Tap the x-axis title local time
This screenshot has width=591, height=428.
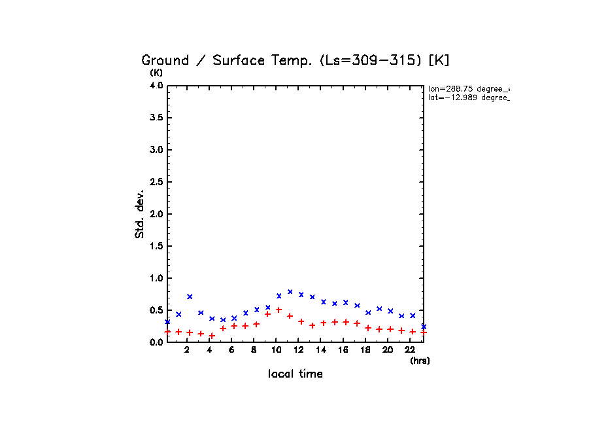click(295, 374)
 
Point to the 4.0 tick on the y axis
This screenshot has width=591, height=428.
click(156, 86)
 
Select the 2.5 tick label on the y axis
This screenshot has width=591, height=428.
click(156, 182)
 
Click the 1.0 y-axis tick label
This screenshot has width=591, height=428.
click(156, 278)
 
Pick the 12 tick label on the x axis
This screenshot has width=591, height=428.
click(299, 351)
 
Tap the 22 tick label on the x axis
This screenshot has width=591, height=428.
click(411, 351)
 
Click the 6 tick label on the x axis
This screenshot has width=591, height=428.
click(231, 351)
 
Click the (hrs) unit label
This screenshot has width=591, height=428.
click(419, 361)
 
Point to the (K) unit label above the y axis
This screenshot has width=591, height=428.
click(156, 73)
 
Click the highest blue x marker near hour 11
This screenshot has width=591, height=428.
click(290, 292)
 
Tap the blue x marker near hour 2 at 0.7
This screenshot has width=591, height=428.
click(190, 296)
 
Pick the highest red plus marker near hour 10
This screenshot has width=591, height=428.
click(279, 310)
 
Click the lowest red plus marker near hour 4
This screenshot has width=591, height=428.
click(212, 336)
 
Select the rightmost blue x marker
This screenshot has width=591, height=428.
click(424, 326)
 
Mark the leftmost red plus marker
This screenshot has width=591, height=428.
click(167, 332)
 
